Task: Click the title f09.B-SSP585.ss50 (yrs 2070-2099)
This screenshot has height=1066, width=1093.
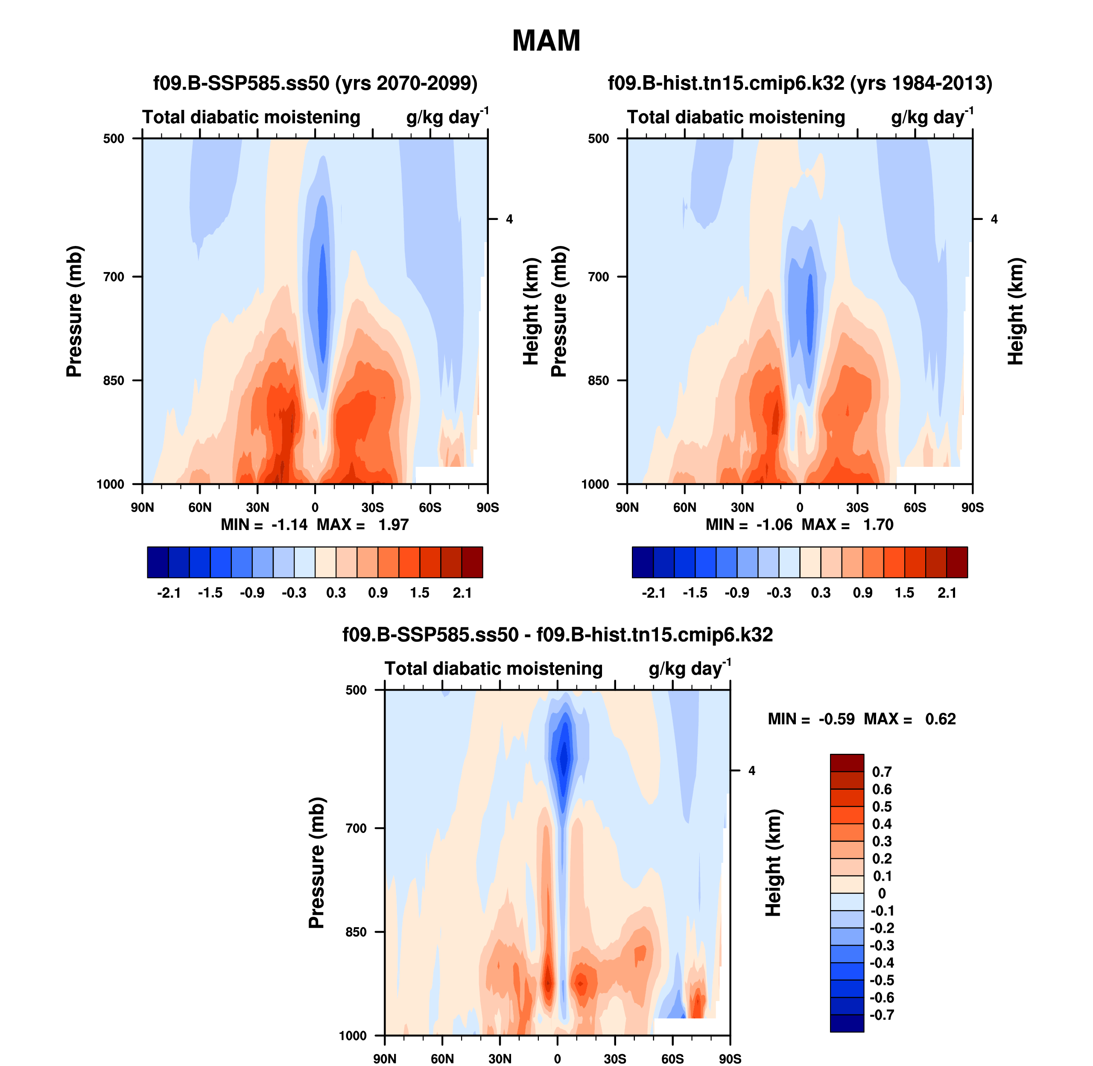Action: coord(315,83)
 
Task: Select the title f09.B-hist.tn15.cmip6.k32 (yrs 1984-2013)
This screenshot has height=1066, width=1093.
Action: coord(800,83)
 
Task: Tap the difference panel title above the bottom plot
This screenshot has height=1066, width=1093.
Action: coord(558,635)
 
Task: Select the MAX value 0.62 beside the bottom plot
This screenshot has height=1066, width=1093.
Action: coord(940,719)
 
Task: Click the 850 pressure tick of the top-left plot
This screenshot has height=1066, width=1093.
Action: coord(114,381)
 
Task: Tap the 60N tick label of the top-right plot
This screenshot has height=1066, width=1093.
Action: coord(684,508)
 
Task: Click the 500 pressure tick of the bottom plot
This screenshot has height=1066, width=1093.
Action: coord(356,690)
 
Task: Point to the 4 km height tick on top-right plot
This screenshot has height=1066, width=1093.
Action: coord(994,220)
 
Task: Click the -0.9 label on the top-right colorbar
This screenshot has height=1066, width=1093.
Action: coord(736,593)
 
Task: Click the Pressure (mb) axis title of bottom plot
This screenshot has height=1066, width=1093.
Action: coord(317,863)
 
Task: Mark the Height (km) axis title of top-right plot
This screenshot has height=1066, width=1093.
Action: coord(1015,311)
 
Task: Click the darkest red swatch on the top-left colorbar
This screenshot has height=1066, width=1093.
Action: coord(472,562)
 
